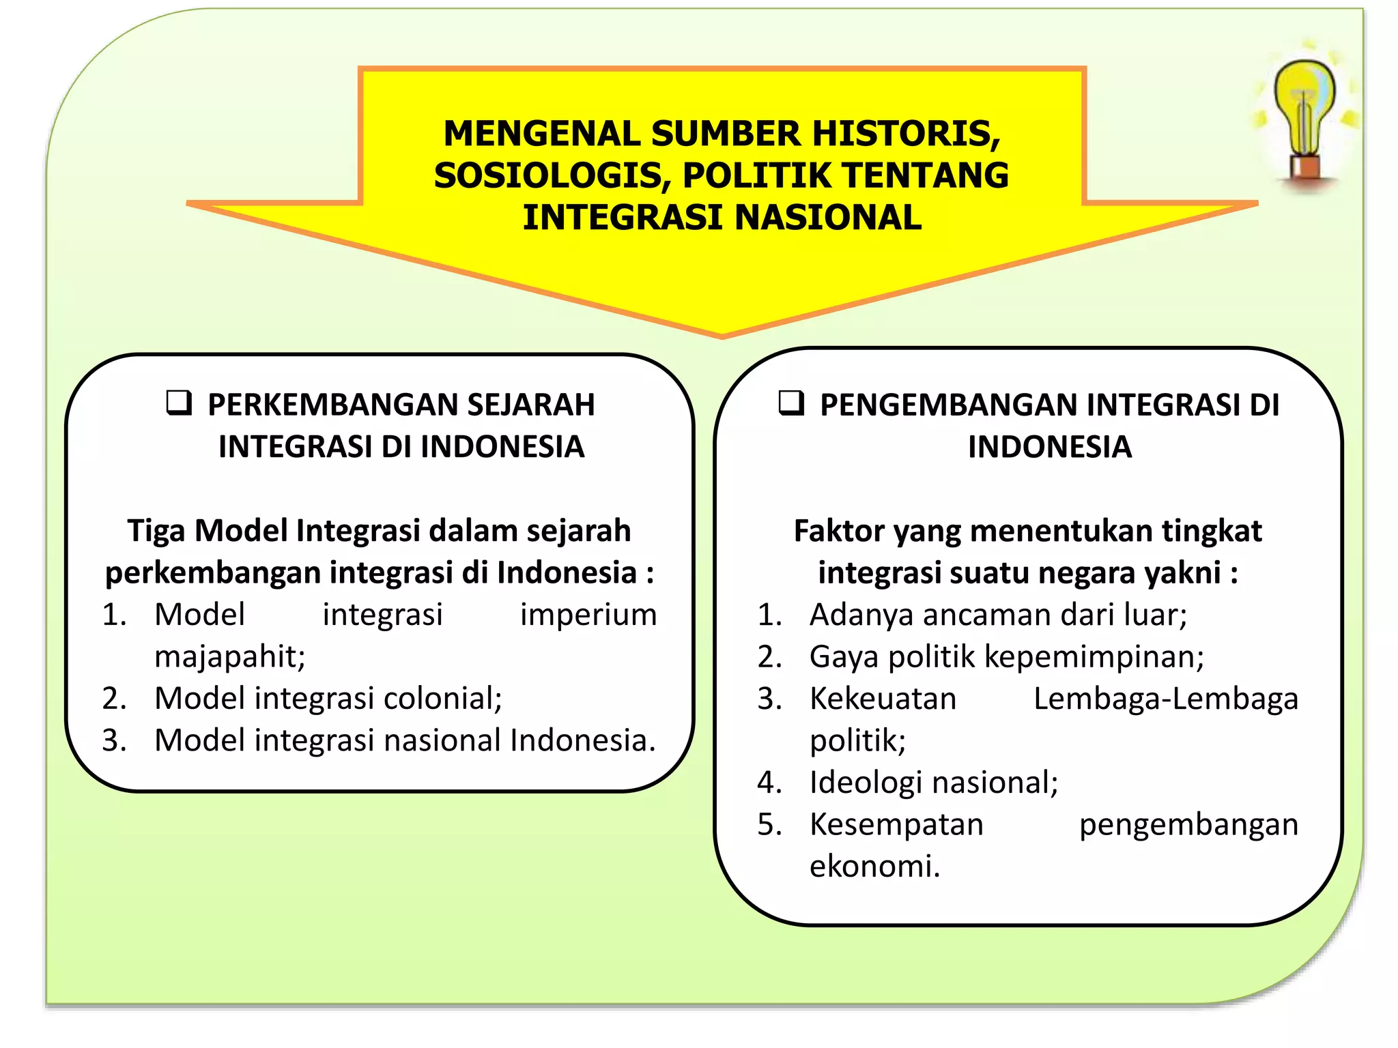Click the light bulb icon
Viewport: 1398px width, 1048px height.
pos(1304,120)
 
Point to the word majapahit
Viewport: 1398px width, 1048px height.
pos(229,656)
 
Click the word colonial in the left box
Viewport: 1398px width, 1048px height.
pos(442,699)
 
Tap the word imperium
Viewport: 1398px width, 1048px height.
pos(588,615)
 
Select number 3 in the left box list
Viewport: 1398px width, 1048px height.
pos(114,741)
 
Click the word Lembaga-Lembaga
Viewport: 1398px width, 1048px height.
pos(1165,699)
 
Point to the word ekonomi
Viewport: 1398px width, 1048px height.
pos(874,867)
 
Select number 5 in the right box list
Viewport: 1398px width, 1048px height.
pos(769,825)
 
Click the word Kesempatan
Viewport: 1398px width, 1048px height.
pos(896,825)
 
